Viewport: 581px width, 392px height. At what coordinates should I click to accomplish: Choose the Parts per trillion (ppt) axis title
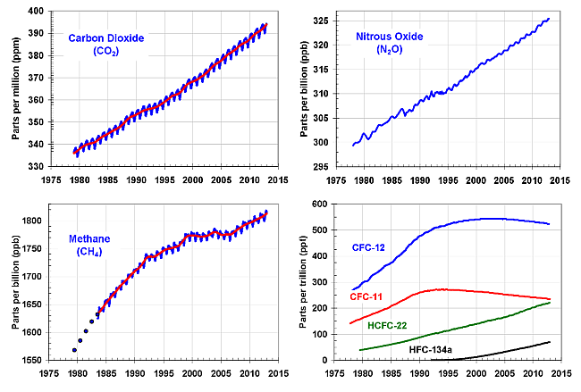[x=293, y=281]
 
